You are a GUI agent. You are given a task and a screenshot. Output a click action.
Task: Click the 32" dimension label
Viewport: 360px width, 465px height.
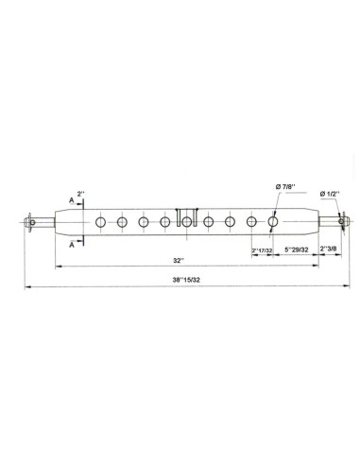[x=180, y=260]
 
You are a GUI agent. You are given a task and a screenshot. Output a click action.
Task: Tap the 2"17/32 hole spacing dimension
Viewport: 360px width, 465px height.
[x=262, y=250]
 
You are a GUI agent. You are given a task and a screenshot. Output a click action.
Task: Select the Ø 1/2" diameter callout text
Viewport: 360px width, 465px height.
[x=331, y=193]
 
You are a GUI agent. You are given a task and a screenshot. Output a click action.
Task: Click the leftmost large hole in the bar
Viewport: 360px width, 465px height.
[x=100, y=222]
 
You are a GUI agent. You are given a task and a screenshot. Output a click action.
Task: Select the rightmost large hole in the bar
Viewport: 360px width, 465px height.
[x=273, y=222]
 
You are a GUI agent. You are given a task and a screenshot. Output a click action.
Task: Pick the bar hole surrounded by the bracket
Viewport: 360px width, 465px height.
[x=187, y=222]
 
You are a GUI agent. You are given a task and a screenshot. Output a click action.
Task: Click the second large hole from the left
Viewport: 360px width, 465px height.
[x=122, y=222]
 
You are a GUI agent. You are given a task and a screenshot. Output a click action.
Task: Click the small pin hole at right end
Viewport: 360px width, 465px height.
[x=339, y=222]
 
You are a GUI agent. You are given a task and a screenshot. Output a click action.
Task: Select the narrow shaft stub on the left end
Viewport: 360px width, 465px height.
[x=44, y=222]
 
